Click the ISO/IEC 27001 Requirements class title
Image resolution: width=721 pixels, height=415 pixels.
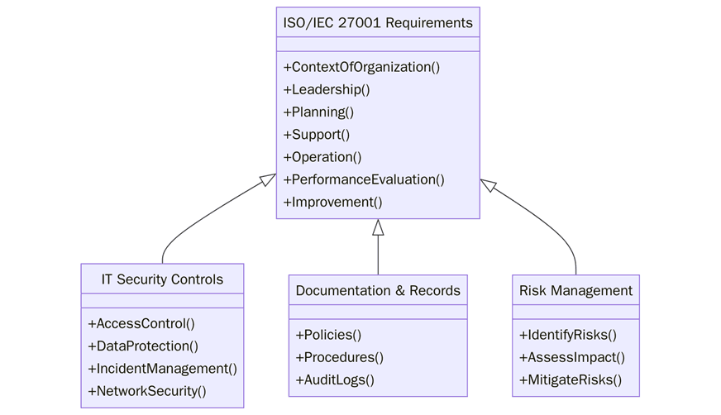pos(378,22)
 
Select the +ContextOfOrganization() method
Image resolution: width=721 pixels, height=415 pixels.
pos(361,67)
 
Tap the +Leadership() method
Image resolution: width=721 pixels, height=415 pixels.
pos(327,89)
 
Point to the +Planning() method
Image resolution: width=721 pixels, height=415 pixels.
pos(318,112)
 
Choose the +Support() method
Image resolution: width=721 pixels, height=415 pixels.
pos(317,134)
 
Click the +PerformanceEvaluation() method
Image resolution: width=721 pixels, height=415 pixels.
pos(364,179)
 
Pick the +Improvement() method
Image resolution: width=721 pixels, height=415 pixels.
pos(332,202)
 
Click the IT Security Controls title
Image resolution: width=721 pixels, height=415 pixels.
pos(162,279)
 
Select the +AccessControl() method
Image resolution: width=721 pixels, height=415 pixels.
pos(141,324)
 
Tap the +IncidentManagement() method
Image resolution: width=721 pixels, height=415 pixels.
pos(162,369)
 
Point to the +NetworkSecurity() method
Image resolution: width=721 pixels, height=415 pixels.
pos(147,391)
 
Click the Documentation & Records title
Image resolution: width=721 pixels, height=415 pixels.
pos(378,290)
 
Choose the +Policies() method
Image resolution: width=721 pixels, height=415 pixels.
pos(328,335)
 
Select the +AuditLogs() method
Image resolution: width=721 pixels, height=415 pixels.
pos(335,379)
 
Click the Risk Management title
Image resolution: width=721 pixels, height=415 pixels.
pos(575,290)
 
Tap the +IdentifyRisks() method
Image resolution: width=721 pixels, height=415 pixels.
pos(568,335)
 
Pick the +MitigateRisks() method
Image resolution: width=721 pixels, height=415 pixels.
pos(571,379)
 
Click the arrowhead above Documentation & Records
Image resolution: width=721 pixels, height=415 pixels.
pos(378,227)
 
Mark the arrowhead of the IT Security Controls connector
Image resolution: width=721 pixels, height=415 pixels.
pos(267,179)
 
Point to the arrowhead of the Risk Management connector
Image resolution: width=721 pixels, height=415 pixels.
pos(489,185)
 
